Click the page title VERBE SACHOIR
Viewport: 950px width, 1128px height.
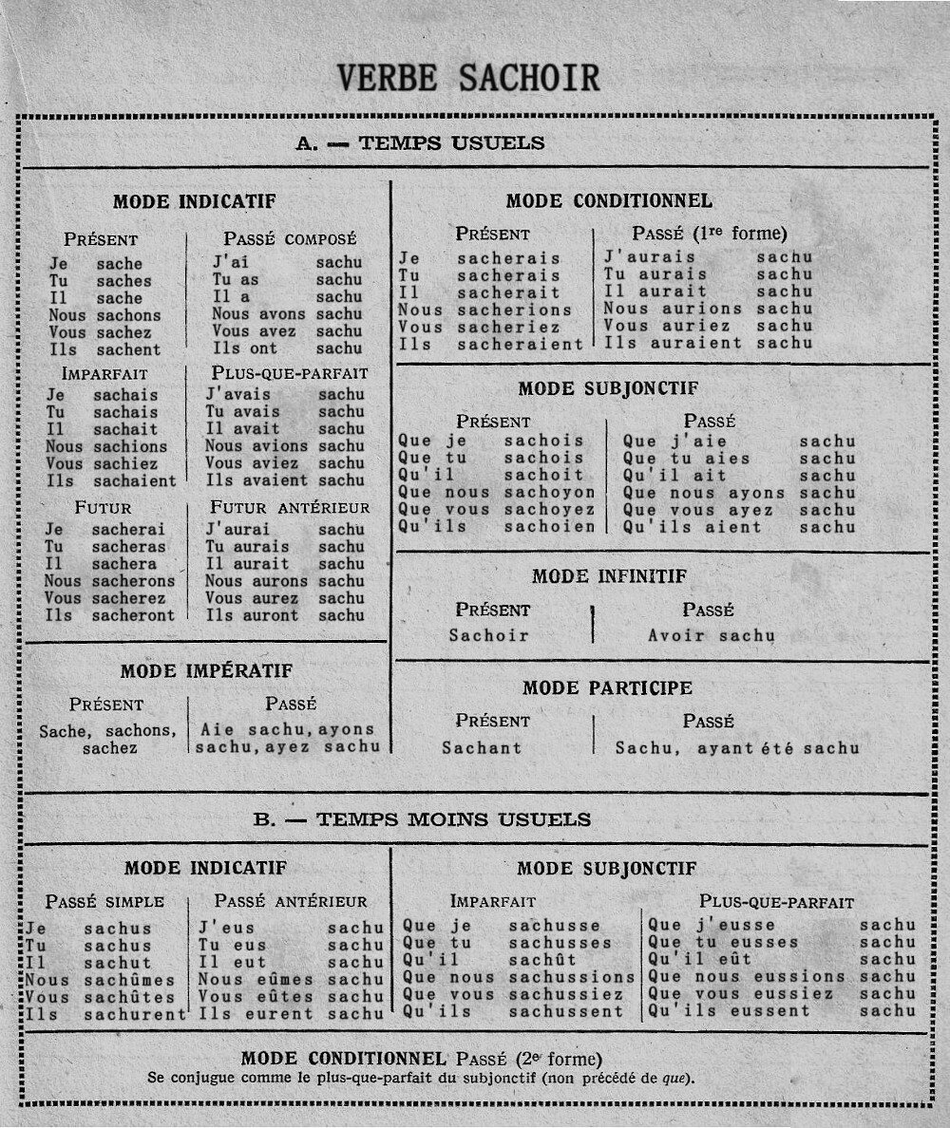pos(468,78)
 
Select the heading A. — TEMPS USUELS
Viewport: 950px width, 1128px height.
pos(420,143)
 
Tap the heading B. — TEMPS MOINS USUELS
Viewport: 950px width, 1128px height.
pos(422,819)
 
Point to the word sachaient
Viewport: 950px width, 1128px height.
pos(135,480)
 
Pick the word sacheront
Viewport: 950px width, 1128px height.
pos(134,615)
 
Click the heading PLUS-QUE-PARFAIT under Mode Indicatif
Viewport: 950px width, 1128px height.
pos(289,373)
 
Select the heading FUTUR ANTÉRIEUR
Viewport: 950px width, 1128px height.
pos(289,508)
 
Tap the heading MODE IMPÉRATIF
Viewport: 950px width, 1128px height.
pos(206,671)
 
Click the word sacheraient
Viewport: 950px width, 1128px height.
pos(519,344)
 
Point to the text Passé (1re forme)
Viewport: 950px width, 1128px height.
pos(709,234)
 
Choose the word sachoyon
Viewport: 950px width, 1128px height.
pos(549,493)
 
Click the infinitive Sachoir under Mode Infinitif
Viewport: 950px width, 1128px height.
pos(488,636)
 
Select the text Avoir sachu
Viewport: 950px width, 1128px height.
pos(711,636)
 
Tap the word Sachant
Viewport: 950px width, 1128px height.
pos(482,747)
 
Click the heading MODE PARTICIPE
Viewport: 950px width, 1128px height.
pos(607,687)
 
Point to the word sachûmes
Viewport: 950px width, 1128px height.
pos(129,980)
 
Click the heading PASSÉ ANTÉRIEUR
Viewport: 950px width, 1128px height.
pos(290,901)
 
